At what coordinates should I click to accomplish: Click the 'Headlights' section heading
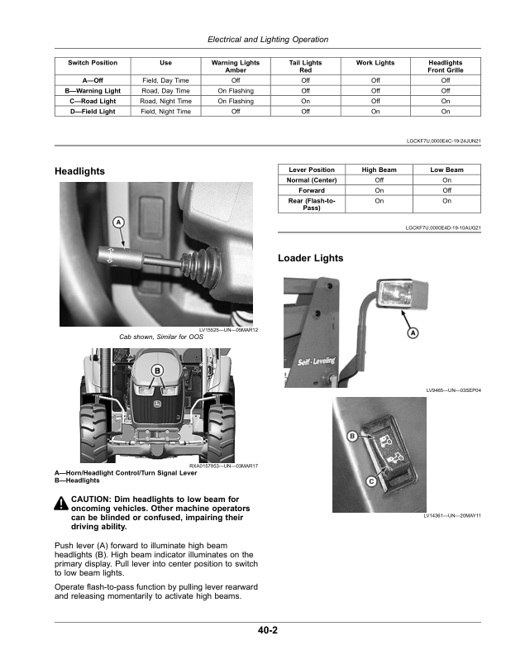click(x=79, y=170)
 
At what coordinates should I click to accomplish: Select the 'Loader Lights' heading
click(x=311, y=258)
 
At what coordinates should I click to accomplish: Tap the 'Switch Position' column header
click(x=92, y=63)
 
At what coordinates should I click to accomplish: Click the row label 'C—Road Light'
click(x=92, y=100)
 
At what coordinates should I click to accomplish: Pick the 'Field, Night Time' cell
click(x=165, y=110)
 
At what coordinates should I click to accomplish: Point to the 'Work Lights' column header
click(x=375, y=63)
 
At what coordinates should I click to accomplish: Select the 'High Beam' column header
click(x=379, y=170)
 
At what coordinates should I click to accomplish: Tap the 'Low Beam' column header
click(x=446, y=170)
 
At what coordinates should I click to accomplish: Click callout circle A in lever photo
click(x=118, y=222)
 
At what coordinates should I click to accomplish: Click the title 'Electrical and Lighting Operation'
click(x=267, y=39)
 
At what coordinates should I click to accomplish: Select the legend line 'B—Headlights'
click(x=77, y=480)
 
